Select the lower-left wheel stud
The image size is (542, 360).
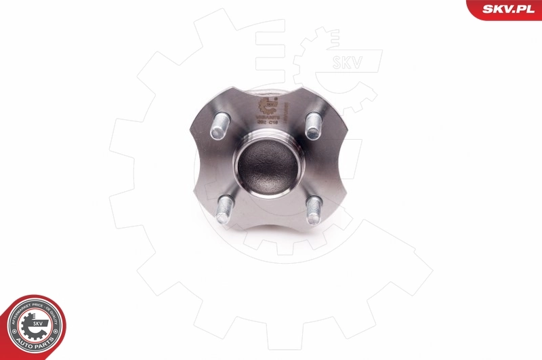tap(224, 209)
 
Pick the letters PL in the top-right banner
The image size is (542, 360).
tap(527, 7)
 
